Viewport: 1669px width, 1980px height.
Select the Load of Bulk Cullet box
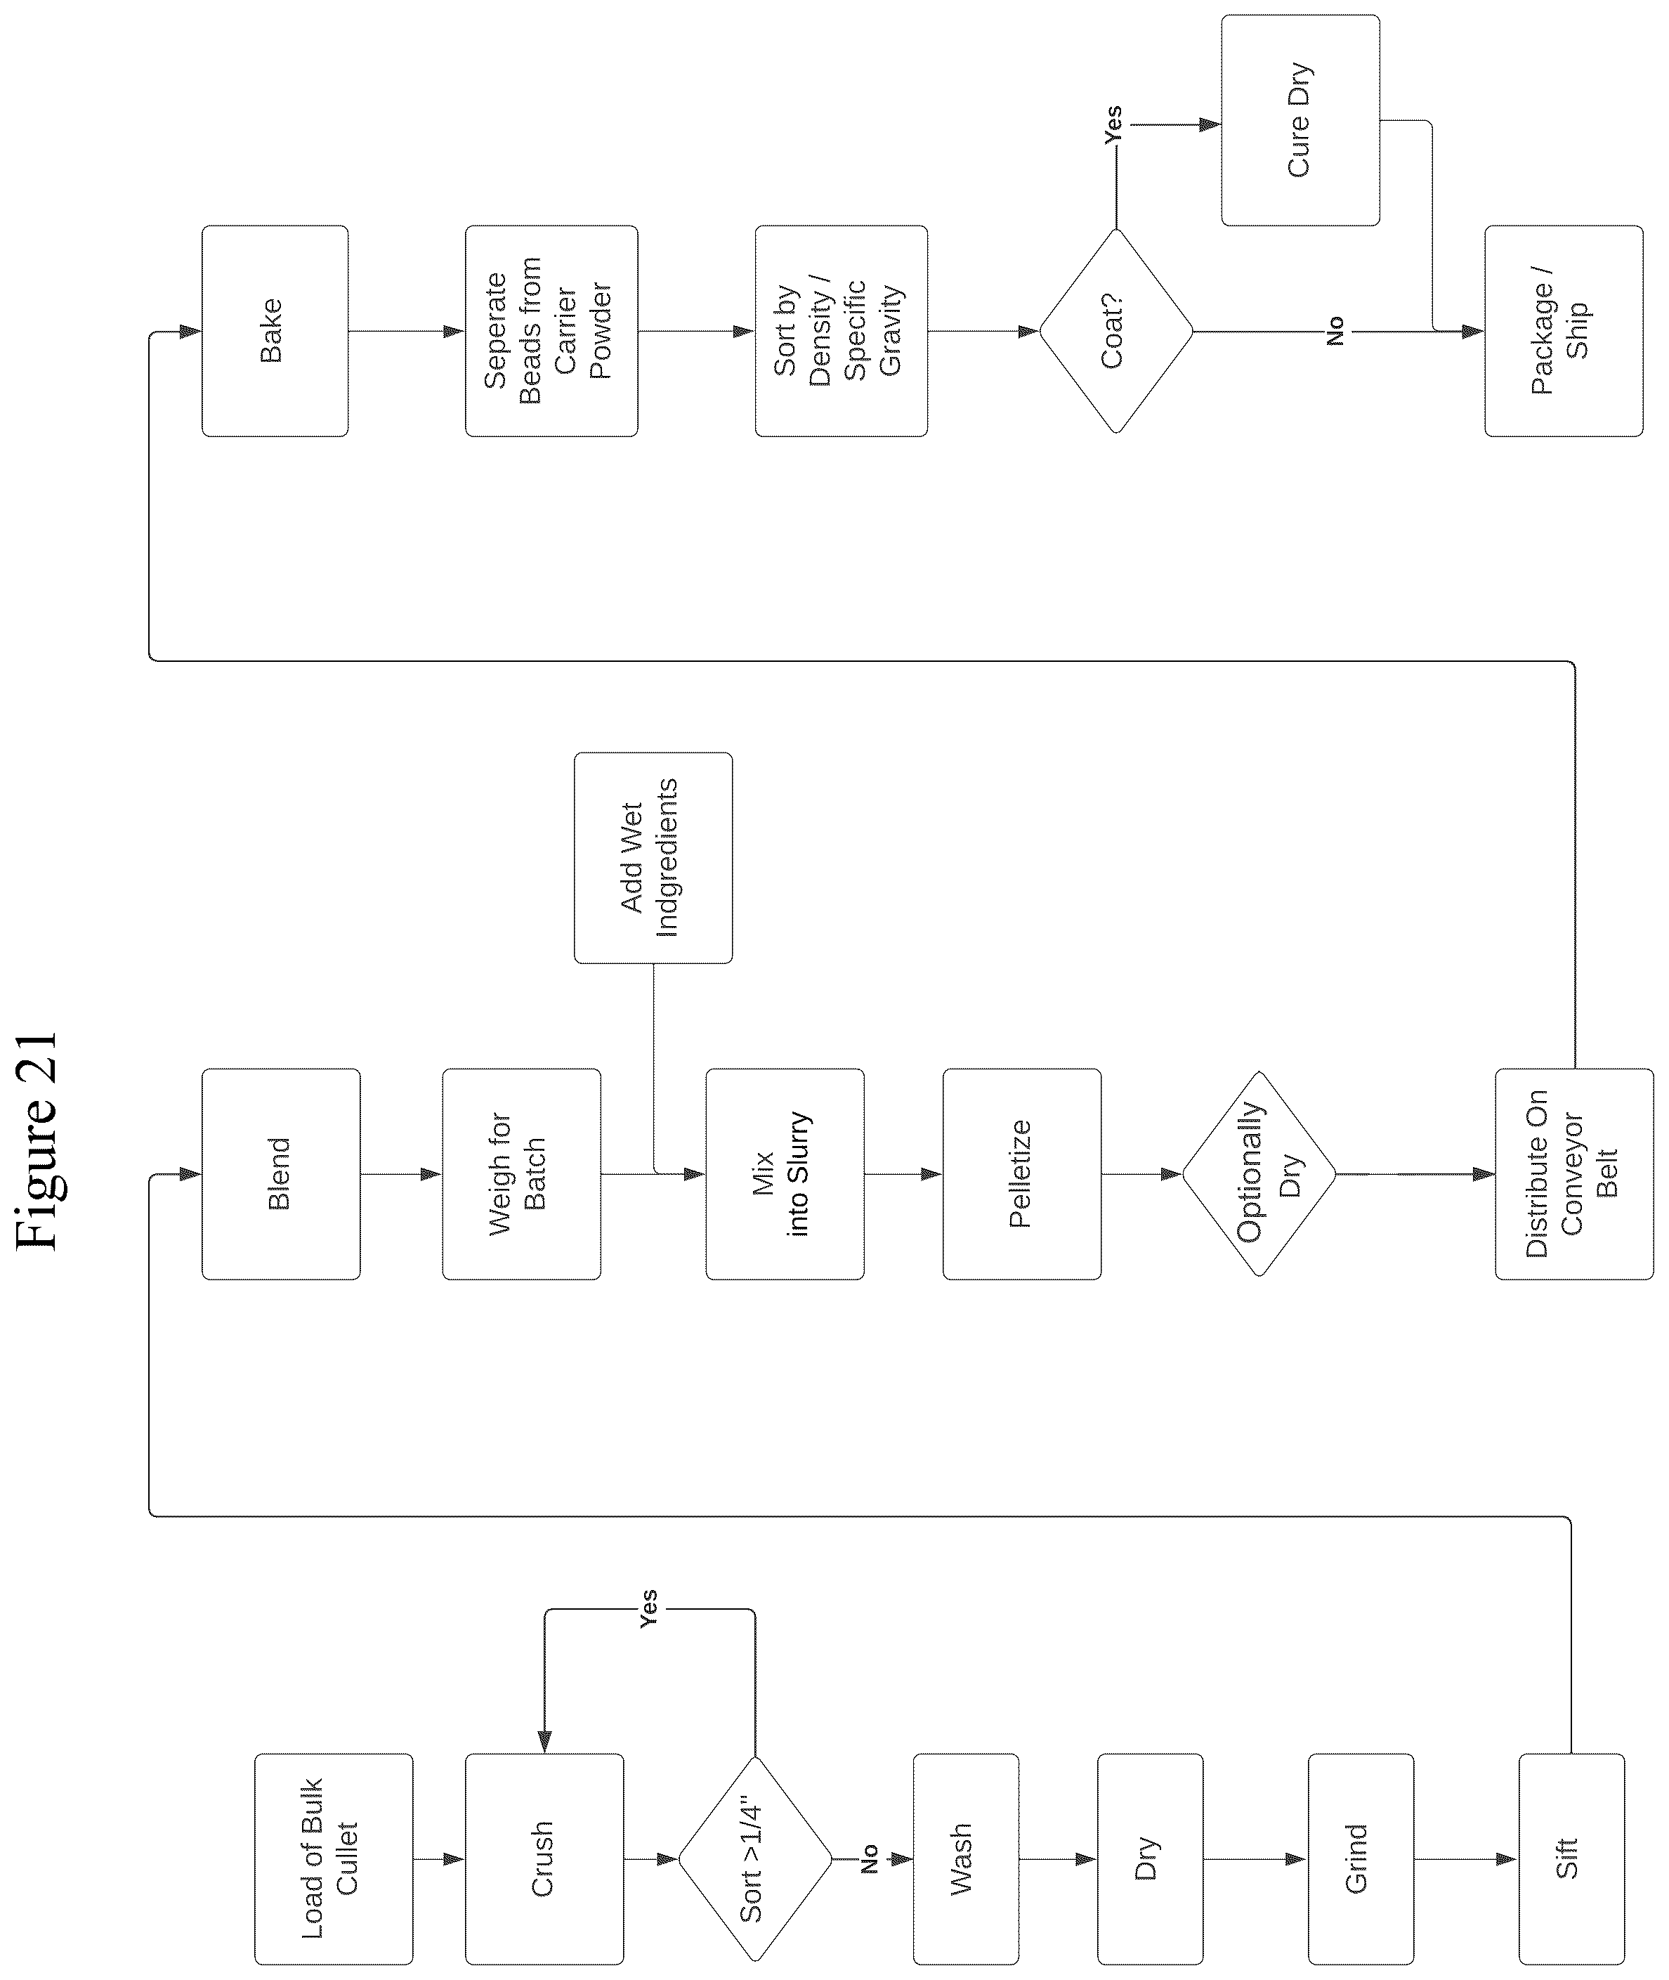(333, 1859)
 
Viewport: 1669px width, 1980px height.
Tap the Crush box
(544, 1859)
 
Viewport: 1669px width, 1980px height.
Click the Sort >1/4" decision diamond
(755, 1859)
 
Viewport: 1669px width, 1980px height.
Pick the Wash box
(966, 1859)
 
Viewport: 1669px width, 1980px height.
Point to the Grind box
(1361, 1859)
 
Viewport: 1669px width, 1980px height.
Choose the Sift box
(1571, 1859)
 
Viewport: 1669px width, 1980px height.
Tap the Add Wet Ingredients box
(653, 857)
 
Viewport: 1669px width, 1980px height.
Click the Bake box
(275, 331)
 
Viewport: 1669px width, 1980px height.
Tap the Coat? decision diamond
(1116, 331)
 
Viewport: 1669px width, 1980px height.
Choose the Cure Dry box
(1300, 120)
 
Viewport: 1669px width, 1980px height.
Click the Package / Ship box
(1563, 331)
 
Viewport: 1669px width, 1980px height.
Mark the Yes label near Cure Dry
(1113, 125)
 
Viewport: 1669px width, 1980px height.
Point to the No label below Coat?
(1335, 331)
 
